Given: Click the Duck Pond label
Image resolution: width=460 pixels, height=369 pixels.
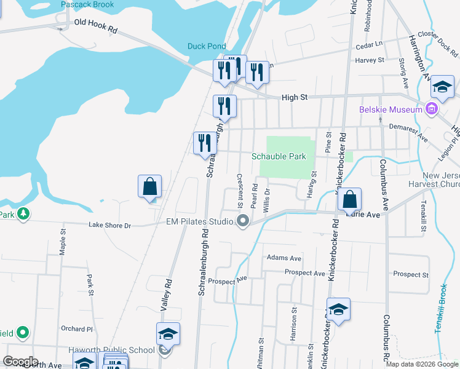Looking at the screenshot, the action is click(207, 46).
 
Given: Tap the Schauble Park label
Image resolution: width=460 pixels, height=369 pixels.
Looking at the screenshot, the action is click(279, 156).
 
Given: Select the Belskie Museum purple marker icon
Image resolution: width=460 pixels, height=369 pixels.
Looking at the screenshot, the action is click(432, 110).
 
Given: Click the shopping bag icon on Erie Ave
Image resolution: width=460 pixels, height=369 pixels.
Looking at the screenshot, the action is click(349, 199).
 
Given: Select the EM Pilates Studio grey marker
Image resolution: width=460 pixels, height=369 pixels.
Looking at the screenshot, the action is click(243, 221).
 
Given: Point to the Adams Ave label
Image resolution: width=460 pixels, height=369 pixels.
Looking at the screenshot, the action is click(284, 258).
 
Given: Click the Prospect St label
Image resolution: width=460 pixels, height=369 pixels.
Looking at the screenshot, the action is click(411, 274).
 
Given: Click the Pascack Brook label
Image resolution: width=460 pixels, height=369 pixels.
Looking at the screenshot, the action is click(88, 4).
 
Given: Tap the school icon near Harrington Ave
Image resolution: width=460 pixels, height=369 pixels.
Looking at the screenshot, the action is click(442, 87).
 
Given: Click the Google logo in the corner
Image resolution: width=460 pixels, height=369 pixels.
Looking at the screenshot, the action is click(20, 362).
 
